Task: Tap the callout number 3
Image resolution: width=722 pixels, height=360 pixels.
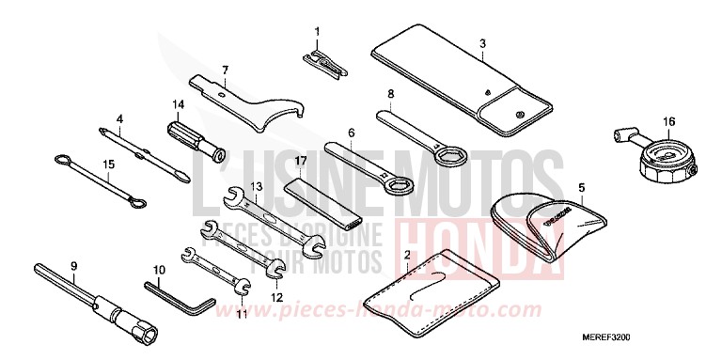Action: coord(481,43)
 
